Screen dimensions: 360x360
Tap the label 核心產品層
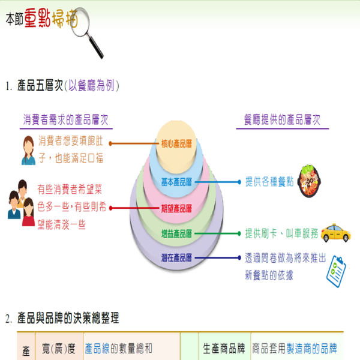pyautogui.click(x=176, y=144)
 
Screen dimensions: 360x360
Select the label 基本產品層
pyautogui.click(x=176, y=181)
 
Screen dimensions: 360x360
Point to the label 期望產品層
pyautogui.click(x=176, y=209)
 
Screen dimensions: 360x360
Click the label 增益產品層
pyautogui.click(x=176, y=233)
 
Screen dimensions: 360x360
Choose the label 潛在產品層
pyautogui.click(x=176, y=258)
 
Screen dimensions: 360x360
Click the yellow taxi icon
pyautogui.click(x=335, y=232)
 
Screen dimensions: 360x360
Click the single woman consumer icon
pyautogui.click(x=28, y=150)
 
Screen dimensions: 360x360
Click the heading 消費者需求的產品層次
pyautogui.click(x=65, y=119)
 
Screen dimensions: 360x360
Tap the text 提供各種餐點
pyautogui.click(x=269, y=181)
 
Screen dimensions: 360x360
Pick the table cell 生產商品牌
pyautogui.click(x=224, y=348)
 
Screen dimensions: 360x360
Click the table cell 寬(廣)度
pyautogui.click(x=58, y=348)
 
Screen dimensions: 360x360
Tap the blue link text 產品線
pyautogui.click(x=97, y=348)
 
